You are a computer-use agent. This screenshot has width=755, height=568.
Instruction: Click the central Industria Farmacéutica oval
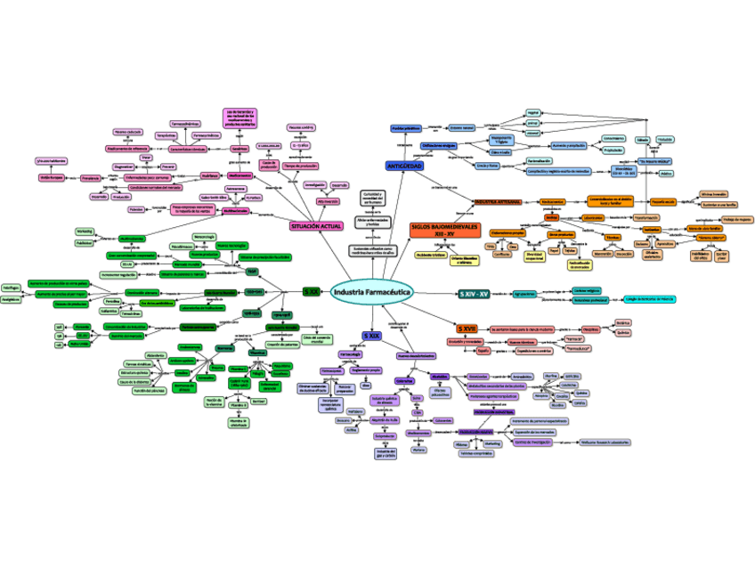(x=370, y=292)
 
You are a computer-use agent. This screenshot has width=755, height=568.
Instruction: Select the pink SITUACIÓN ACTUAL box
(x=316, y=227)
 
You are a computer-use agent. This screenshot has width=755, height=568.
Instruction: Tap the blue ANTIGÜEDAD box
(x=404, y=166)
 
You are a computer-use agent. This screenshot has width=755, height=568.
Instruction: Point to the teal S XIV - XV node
(x=474, y=294)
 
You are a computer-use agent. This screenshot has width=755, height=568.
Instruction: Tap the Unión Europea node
(x=50, y=177)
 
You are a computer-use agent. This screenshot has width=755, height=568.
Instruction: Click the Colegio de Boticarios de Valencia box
(x=649, y=299)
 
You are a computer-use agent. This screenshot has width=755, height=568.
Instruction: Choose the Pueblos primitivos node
(x=406, y=129)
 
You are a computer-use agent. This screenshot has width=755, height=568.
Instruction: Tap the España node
(x=483, y=351)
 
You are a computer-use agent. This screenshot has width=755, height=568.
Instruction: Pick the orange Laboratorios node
(x=593, y=216)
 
